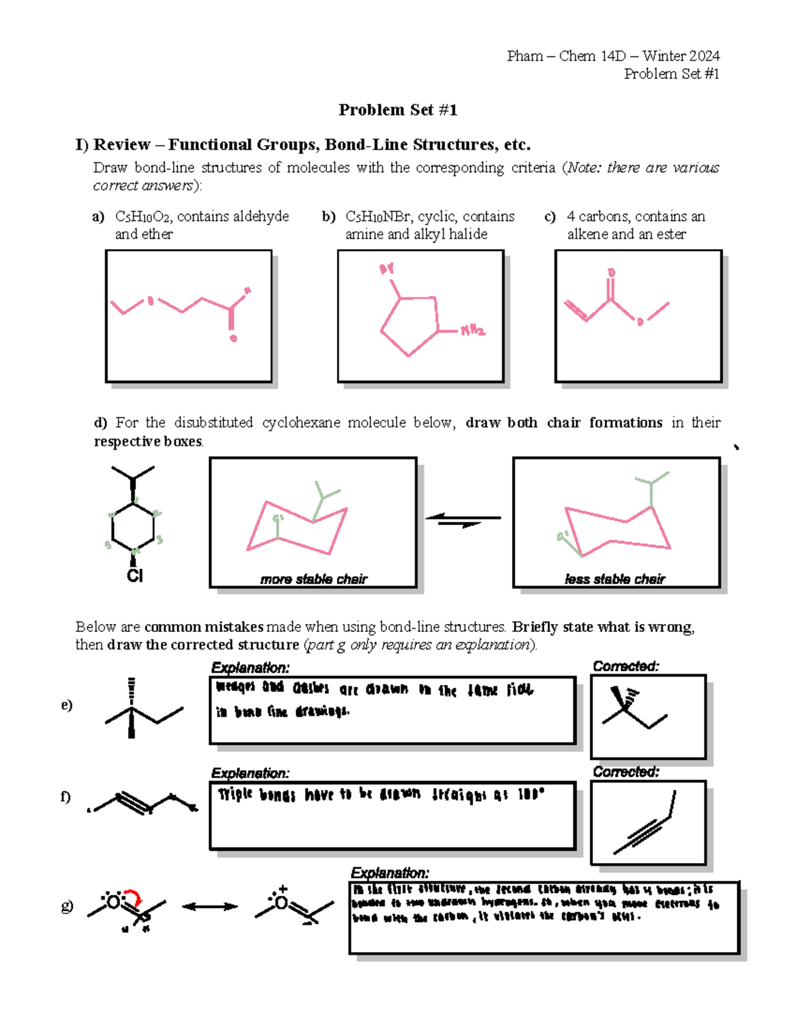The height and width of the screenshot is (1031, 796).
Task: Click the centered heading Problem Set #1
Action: pyautogui.click(x=397, y=110)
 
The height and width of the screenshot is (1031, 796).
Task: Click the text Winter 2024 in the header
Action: pyautogui.click(x=681, y=56)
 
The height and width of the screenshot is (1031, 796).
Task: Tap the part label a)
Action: pyautogui.click(x=98, y=217)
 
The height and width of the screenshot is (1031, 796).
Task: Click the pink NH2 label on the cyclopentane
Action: pyautogui.click(x=473, y=330)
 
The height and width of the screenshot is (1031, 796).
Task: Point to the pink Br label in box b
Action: pyautogui.click(x=387, y=269)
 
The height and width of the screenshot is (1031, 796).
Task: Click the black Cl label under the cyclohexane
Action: pyautogui.click(x=135, y=576)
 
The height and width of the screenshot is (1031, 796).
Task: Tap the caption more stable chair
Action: pyautogui.click(x=313, y=579)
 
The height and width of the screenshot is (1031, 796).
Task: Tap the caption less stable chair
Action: pyautogui.click(x=614, y=579)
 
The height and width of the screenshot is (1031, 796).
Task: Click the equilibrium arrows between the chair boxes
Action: pyautogui.click(x=463, y=520)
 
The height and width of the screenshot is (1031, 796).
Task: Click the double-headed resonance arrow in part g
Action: pyautogui.click(x=210, y=906)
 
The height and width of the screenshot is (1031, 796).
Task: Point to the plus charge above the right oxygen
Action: pyautogui.click(x=283, y=889)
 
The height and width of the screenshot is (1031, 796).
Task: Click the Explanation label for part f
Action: pyautogui.click(x=250, y=773)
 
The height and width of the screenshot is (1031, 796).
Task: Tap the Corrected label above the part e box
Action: pyautogui.click(x=626, y=666)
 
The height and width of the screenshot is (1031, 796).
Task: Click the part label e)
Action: pyautogui.click(x=66, y=705)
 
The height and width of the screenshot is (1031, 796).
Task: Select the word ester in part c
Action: pyautogui.click(x=671, y=234)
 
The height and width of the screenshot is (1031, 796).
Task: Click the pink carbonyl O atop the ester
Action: pyautogui.click(x=611, y=273)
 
